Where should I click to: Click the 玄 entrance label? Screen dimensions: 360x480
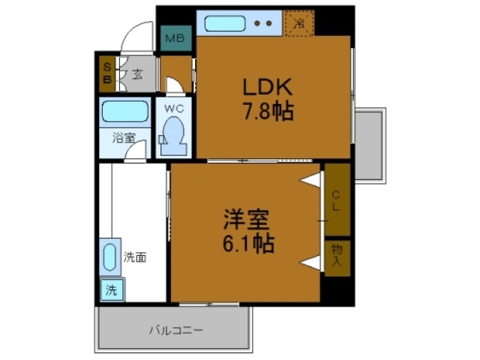(137, 73)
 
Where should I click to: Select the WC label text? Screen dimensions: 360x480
(174, 108)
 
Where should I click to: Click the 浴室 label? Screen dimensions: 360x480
(124, 138)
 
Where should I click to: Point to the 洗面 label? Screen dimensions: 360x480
(135, 257)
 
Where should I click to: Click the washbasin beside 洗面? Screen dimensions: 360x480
(109, 256)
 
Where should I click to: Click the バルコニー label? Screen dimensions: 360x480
(175, 329)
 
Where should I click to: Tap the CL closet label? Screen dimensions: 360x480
(336, 199)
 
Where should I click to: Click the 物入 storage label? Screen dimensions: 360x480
(336, 256)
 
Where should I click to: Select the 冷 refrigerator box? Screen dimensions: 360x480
(298, 23)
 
